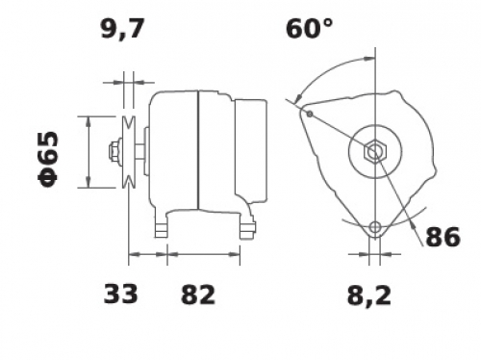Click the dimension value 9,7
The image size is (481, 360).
pos(121,29)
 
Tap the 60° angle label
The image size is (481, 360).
pos(309,28)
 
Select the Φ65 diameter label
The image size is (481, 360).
pos(48,159)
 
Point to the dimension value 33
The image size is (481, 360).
pos(120,294)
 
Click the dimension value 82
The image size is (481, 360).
pos(198,295)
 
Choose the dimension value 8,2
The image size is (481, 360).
pos(369,296)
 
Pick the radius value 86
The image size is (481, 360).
pos(443,237)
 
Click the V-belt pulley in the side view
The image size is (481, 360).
pos(129,151)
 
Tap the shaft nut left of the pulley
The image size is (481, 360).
pos(115,151)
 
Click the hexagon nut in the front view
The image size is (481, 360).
pos(375,151)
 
